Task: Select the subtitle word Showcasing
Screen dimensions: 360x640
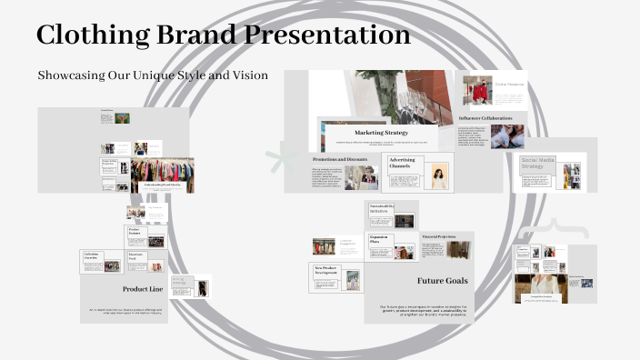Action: (73, 75)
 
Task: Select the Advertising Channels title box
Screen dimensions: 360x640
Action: (402, 164)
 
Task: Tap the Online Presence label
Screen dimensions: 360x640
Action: (509, 85)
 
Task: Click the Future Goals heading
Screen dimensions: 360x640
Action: (443, 281)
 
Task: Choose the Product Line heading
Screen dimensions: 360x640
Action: (143, 289)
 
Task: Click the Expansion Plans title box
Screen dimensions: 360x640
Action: (380, 241)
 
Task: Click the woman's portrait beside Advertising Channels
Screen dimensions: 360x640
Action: (440, 176)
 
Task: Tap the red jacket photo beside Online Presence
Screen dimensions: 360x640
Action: (476, 90)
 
